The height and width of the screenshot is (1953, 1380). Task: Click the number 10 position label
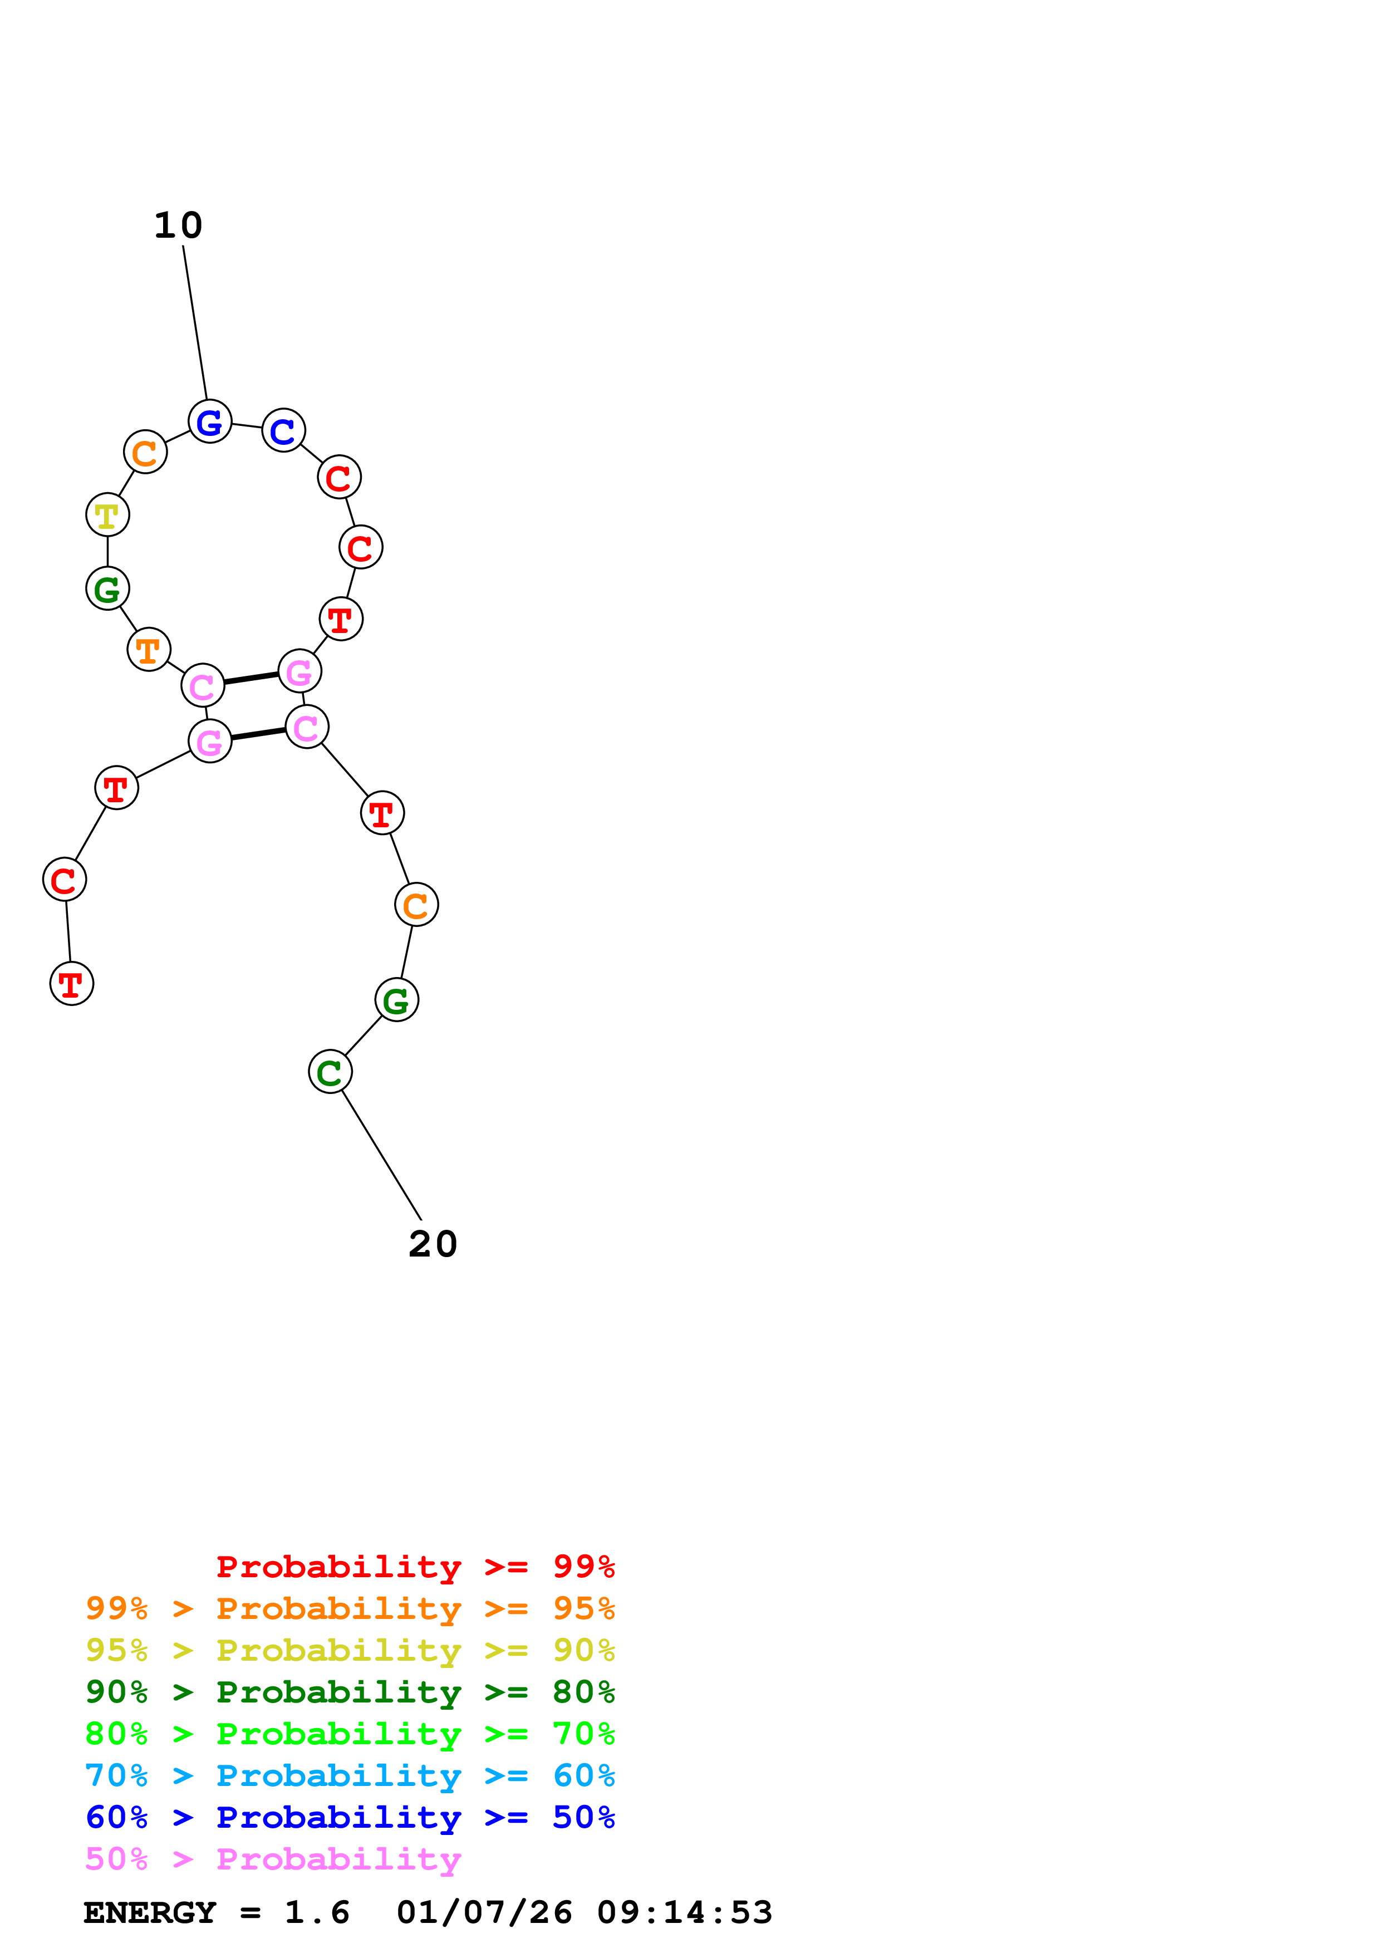(179, 225)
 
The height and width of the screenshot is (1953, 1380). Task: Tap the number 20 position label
(433, 1244)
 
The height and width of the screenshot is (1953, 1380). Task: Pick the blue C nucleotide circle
(283, 430)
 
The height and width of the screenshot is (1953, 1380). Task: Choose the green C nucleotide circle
(330, 1072)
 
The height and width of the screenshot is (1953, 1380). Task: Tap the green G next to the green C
(396, 1000)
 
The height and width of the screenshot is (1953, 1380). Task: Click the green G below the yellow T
(107, 588)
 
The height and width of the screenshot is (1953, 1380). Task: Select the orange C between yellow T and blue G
(145, 453)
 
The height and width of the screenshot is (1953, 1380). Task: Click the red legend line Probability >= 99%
(416, 1567)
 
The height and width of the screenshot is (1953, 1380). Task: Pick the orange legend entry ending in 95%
(350, 1608)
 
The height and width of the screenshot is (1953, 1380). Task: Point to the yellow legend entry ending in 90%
(350, 1650)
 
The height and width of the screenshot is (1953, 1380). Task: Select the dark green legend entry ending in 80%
(350, 1692)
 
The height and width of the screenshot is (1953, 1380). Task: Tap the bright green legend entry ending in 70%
(350, 1734)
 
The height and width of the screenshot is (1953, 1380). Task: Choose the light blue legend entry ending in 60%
(350, 1775)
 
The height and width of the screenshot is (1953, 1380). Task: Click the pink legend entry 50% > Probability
(273, 1858)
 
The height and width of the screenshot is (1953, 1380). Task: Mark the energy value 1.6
(317, 1912)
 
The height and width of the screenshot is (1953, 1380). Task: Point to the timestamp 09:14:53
(685, 1912)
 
